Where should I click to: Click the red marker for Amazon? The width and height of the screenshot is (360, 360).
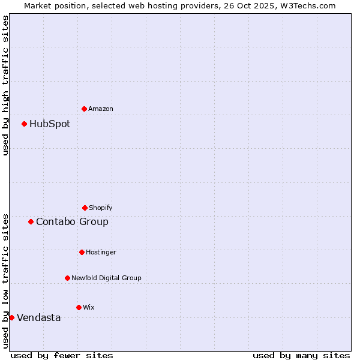tap(85, 109)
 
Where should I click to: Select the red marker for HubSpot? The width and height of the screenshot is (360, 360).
tap(25, 124)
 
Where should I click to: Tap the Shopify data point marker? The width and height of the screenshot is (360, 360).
tap(85, 208)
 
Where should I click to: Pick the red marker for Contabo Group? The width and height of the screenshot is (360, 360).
tap(31, 221)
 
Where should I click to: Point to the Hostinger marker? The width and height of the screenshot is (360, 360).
tap(82, 252)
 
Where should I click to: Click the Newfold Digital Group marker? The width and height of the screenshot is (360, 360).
tap(67, 278)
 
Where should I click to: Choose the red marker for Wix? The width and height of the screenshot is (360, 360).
tap(79, 307)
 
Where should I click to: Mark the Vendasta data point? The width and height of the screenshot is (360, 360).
tap(12, 317)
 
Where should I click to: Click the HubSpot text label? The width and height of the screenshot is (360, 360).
tap(50, 124)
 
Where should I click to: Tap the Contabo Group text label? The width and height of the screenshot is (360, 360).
tap(72, 222)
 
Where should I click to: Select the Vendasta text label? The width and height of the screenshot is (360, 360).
tap(38, 318)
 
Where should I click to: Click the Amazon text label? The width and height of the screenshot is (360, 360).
tap(101, 109)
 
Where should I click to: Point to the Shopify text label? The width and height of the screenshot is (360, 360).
tap(101, 208)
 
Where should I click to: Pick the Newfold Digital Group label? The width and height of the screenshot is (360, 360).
tap(106, 278)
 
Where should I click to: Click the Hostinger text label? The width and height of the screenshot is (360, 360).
tap(101, 253)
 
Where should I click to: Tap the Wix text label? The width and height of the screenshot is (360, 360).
tap(89, 308)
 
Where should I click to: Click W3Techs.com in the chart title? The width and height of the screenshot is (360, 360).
tap(304, 5)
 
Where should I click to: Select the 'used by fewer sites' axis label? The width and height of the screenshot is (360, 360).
tap(62, 355)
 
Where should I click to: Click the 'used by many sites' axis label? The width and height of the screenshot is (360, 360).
tap(301, 355)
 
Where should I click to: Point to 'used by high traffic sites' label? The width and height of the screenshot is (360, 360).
tap(5, 85)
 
